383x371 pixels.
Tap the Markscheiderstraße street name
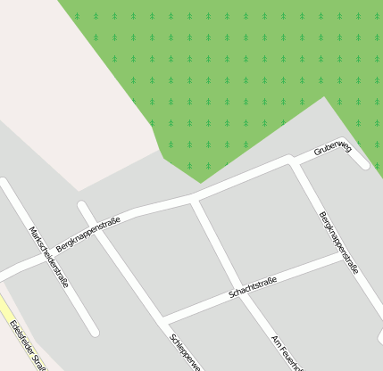pos(49,256)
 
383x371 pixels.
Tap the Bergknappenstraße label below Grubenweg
pos(338,242)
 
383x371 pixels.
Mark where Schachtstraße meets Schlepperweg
pos(164,319)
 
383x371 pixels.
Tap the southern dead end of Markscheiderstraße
pos(94,334)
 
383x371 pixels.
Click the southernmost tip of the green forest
pos(199,182)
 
